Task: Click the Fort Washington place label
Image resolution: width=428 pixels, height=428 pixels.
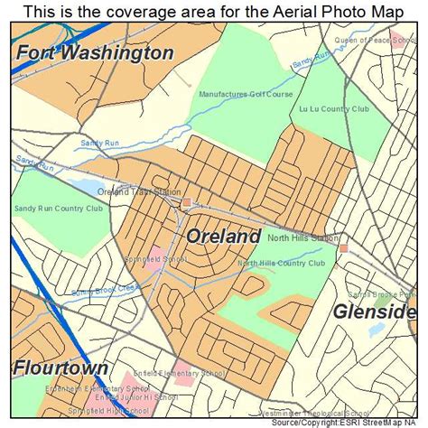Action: tap(94, 53)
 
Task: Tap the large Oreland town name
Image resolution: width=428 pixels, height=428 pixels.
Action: tap(224, 237)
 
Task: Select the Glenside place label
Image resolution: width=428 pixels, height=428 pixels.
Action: tap(374, 312)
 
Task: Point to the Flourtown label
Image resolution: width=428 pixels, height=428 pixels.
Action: tap(60, 368)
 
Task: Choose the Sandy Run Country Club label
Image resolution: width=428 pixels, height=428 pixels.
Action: tap(58, 209)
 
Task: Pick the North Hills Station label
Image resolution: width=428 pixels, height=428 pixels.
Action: tap(302, 238)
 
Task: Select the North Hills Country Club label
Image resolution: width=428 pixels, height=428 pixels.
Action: tap(281, 264)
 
